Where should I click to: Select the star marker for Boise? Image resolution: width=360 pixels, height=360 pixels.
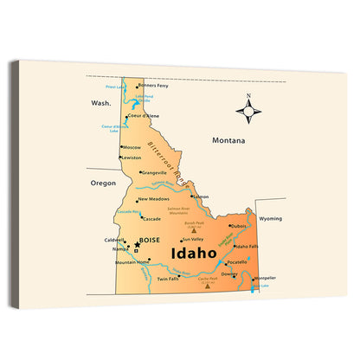[137, 245]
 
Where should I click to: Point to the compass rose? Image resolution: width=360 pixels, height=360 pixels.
[249, 110]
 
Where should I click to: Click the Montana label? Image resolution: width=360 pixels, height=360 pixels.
[229, 140]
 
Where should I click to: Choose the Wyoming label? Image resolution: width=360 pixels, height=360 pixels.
[271, 219]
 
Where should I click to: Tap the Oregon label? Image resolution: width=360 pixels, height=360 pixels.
[103, 183]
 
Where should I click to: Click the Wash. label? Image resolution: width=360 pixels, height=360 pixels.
[102, 102]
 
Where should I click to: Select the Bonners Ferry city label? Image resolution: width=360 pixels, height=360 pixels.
[152, 86]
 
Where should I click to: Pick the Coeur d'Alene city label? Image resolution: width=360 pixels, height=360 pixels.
[144, 116]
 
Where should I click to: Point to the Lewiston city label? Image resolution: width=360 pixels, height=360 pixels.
[132, 157]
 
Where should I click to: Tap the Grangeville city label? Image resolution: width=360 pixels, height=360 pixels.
[154, 172]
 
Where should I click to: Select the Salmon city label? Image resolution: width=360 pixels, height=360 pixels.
[201, 196]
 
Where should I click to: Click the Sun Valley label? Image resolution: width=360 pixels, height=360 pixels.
[192, 239]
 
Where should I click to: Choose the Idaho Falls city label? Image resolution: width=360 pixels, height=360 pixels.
[248, 247]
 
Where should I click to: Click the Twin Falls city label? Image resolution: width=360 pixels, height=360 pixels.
[168, 279]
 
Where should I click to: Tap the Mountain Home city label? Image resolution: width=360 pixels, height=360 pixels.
[132, 262]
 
